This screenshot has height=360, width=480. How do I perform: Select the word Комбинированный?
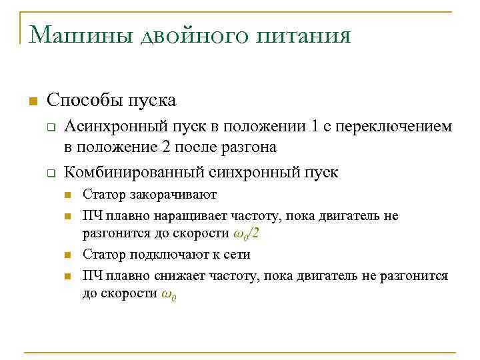point(134,173)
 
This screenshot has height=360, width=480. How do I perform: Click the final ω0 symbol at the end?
point(169,295)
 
